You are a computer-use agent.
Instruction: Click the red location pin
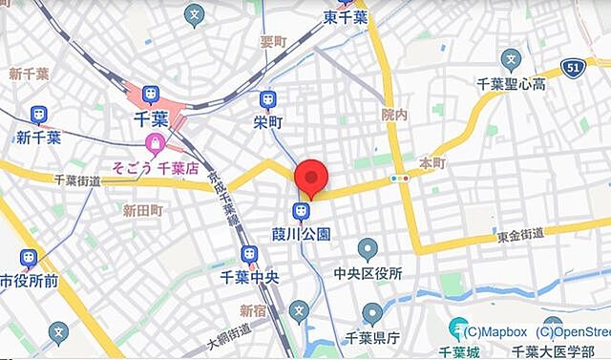311,179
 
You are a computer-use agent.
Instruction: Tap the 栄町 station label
268,121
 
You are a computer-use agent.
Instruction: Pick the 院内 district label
394,115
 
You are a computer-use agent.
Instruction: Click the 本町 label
432,163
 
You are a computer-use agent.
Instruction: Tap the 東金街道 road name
520,233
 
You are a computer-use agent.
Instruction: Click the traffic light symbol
399,178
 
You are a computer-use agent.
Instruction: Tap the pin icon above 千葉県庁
372,312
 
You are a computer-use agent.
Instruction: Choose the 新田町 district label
143,210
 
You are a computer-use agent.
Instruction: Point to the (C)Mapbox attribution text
493,332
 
